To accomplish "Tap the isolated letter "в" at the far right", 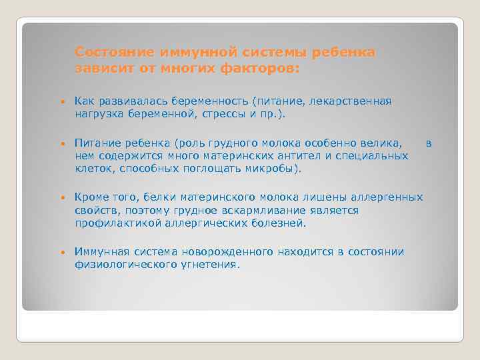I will point(429,143).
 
